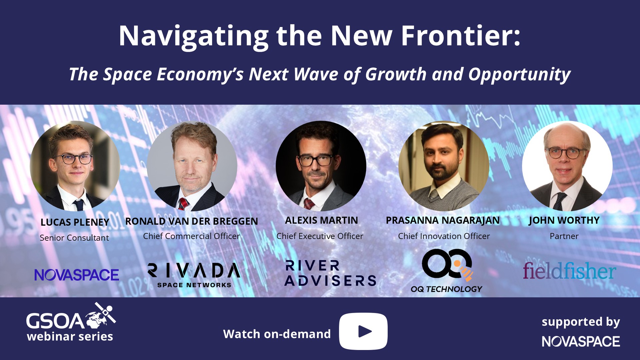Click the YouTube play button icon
tap(363, 331)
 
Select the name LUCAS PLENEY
tap(75, 222)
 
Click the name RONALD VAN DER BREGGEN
tap(192, 221)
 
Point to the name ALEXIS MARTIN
tap(321, 220)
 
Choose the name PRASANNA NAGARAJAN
tap(443, 220)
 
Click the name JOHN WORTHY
tap(564, 220)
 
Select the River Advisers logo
tap(330, 273)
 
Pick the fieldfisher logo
tap(569, 271)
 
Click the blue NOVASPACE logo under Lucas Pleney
tap(77, 275)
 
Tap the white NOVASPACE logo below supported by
tap(581, 341)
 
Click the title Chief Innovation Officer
tap(444, 236)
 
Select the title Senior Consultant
tap(74, 238)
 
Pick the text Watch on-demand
tap(277, 334)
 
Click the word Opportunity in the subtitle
tap(519, 75)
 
